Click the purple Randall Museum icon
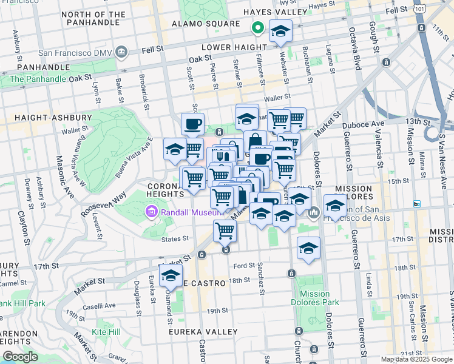point(150,212)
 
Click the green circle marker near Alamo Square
point(257,28)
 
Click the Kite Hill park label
point(106,332)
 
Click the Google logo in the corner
point(20,357)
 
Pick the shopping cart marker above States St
point(225,231)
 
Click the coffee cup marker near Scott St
point(192,124)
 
